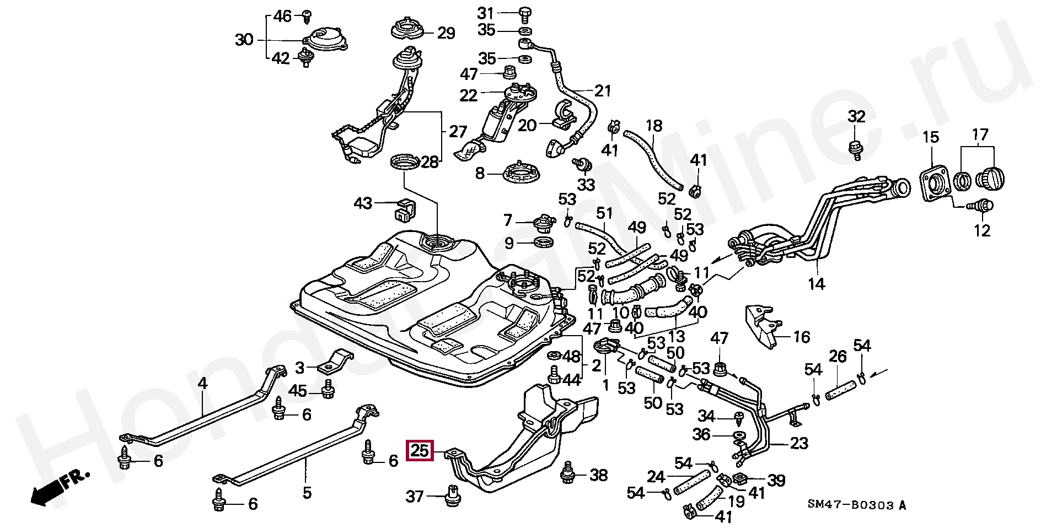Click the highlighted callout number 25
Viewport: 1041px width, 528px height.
[420, 451]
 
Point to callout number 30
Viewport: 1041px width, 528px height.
[244, 39]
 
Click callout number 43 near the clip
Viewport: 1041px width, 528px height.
[363, 204]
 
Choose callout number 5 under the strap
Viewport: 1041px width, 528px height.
[307, 492]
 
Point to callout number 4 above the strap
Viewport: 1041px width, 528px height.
[202, 383]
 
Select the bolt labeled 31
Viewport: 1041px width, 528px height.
[523, 12]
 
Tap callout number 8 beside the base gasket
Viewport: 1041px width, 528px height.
[480, 174]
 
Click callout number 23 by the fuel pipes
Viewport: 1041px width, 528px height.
[799, 443]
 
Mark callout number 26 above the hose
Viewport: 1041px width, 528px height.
[838, 357]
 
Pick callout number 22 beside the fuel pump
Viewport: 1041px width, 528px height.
[468, 95]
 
